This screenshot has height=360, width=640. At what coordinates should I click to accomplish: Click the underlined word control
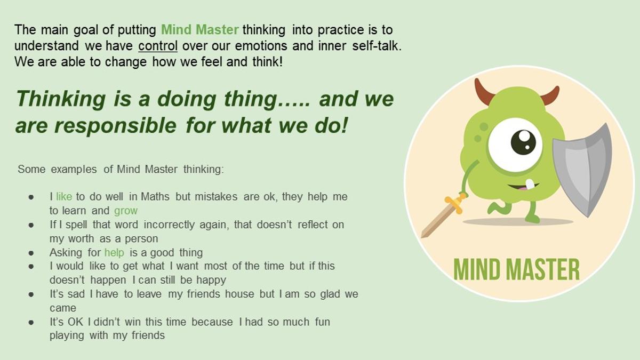pyautogui.click(x=158, y=46)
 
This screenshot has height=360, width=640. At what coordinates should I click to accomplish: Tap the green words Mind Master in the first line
pyautogui.click(x=199, y=30)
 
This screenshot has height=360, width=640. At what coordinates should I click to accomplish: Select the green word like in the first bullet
pyautogui.click(x=64, y=197)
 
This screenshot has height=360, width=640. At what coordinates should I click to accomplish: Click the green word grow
pyautogui.click(x=126, y=211)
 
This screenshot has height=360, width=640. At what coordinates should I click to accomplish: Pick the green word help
pyautogui.click(x=114, y=253)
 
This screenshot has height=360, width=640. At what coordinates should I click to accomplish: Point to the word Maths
pyautogui.click(x=155, y=197)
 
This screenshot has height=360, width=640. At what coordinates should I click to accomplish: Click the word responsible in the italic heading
pyautogui.click(x=115, y=126)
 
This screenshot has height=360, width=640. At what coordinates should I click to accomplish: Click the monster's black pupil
pyautogui.click(x=523, y=142)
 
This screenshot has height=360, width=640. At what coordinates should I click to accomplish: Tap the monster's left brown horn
pyautogui.click(x=483, y=91)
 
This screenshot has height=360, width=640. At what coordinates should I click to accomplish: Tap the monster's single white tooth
pyautogui.click(x=530, y=184)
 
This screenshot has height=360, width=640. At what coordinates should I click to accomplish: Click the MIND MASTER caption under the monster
pyautogui.click(x=517, y=269)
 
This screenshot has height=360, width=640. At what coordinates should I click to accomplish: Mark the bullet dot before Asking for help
pyautogui.click(x=31, y=253)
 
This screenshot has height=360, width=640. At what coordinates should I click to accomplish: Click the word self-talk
pyautogui.click(x=377, y=46)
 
